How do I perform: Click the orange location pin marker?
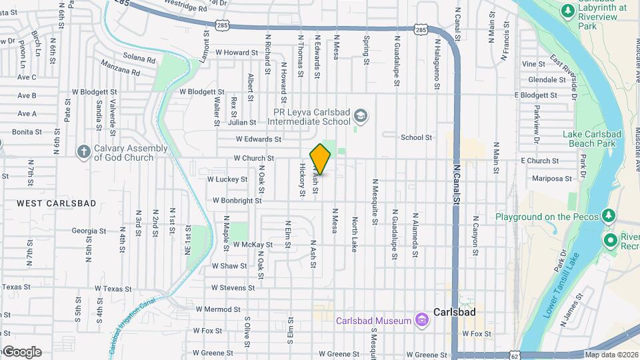(320, 159)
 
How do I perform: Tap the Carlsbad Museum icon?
(421, 321)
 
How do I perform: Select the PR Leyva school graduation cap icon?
(361, 117)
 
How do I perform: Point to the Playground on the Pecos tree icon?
(607, 216)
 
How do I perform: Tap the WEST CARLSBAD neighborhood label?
(56, 203)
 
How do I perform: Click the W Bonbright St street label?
(237, 200)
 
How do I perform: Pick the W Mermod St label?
(217, 309)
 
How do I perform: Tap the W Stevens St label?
(233, 288)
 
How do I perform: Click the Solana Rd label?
(139, 59)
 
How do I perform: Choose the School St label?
(416, 137)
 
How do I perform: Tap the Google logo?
(21, 352)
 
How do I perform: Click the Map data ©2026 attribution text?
(611, 355)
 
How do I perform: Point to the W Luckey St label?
(227, 179)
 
